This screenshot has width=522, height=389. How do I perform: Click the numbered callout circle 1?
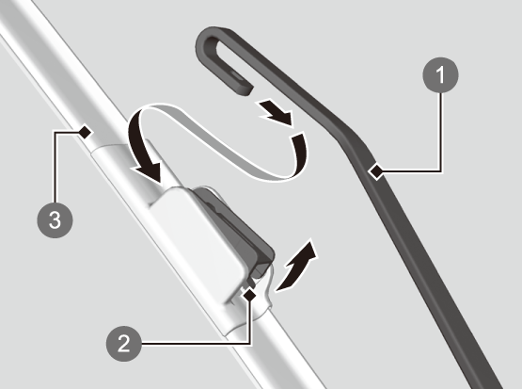tap(440, 75)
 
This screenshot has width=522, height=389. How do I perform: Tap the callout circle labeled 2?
tap(124, 344)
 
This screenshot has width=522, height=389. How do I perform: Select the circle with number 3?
tap(55, 220)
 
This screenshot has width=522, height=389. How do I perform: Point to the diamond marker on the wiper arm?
tap(376, 171)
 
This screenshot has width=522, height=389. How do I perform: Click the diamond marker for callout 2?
tap(249, 295)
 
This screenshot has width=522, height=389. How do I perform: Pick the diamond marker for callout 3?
tap(85, 132)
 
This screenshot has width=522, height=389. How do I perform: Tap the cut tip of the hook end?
tap(246, 90)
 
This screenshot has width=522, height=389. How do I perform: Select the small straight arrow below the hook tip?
tap(276, 113)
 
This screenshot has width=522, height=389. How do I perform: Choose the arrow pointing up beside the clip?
tap(294, 267)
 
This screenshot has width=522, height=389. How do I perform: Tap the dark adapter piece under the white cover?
tap(240, 227)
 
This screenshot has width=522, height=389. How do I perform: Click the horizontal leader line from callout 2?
tap(196, 344)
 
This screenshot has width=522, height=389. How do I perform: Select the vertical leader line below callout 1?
tap(441, 132)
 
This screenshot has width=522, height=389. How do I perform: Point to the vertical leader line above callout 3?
tap(55, 168)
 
